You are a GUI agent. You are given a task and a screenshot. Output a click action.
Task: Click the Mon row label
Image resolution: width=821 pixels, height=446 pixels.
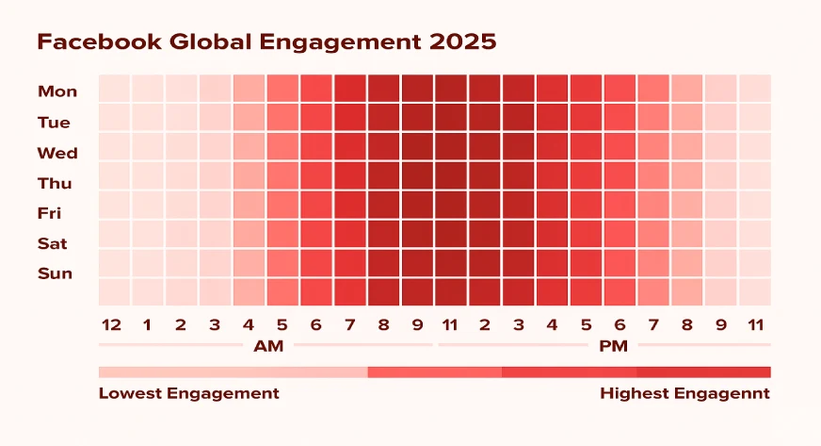pos(57,91)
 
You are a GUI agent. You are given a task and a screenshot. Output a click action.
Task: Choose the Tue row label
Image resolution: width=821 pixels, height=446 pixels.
pos(54,123)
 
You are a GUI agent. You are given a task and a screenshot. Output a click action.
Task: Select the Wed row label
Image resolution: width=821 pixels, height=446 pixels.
pos(57,153)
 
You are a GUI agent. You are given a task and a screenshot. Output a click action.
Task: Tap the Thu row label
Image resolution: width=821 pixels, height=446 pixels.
pos(55,183)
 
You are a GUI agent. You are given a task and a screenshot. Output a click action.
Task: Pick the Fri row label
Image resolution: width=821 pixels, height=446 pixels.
pos(50,213)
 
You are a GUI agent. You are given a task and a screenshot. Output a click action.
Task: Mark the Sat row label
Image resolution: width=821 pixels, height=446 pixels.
pos(52,243)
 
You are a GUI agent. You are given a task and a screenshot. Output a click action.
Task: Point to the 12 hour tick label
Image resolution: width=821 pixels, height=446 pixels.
pos(112,325)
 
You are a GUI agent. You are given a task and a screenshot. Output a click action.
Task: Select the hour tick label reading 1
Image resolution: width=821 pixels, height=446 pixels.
pos(147,325)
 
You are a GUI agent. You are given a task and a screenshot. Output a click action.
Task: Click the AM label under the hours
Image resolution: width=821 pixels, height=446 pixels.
pos(268,346)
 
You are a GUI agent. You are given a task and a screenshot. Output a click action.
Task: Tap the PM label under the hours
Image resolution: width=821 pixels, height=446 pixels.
pos(614,346)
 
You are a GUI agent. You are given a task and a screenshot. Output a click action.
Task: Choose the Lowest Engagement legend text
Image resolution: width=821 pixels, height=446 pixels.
pos(188,393)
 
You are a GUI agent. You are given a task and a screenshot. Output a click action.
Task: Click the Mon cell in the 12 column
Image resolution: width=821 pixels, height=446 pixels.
pos(114,88)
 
